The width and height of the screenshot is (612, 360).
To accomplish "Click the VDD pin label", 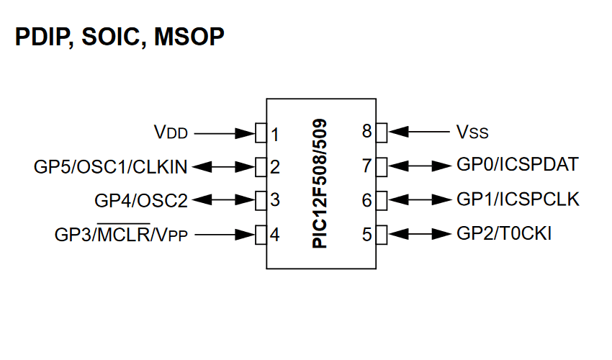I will [171, 133].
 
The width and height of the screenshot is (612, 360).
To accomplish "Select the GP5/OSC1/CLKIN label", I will [111, 167].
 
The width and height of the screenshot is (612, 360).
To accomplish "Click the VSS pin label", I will [472, 132].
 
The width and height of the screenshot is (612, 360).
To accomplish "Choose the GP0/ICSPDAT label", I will [517, 165].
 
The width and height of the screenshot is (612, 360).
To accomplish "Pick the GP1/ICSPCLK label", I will [518, 199].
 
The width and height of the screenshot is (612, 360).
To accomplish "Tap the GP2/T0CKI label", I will [504, 233].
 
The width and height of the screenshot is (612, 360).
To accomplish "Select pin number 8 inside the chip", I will [367, 132].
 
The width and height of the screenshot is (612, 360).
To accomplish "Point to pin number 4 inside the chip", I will [275, 235].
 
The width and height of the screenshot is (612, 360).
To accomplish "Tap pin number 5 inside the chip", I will [367, 234].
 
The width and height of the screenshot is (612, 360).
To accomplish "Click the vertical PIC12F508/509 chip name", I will [321, 184].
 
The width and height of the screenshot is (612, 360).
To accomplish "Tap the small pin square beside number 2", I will [261, 167].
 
